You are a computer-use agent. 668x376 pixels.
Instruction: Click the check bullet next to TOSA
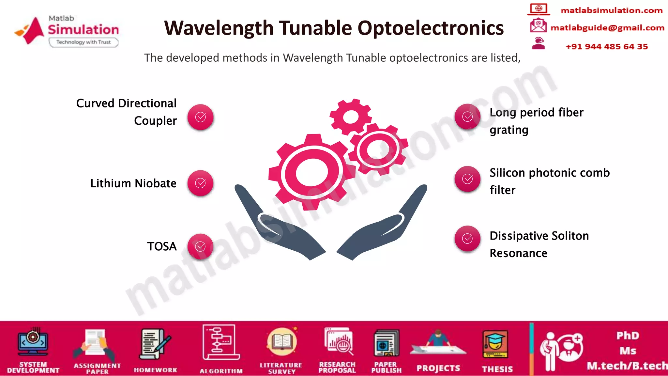tap(200, 247)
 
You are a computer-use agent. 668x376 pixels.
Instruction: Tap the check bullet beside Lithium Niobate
tap(200, 183)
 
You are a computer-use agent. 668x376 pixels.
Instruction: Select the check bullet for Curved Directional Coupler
tap(200, 117)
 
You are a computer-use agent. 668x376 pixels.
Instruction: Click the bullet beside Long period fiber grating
tap(467, 117)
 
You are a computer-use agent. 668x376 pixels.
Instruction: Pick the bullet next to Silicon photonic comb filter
tap(467, 179)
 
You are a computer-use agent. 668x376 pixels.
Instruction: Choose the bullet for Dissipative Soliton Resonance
tap(467, 239)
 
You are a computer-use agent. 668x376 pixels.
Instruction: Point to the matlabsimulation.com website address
tap(611, 10)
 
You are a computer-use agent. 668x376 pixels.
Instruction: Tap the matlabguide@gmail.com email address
tap(607, 28)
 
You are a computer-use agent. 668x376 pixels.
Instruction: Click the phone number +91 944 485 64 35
tap(607, 47)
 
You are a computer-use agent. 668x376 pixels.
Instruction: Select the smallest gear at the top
tap(351, 117)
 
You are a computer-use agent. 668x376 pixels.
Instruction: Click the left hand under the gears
tap(277, 225)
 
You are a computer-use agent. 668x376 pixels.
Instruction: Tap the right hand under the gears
tap(385, 225)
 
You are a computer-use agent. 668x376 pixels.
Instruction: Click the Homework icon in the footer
tap(155, 344)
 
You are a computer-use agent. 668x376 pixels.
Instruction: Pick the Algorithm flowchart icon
tap(220, 342)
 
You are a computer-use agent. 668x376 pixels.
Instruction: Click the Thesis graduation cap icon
tap(495, 344)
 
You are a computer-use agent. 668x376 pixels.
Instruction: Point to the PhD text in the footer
tap(628, 336)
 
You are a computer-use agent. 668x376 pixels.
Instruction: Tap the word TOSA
tap(162, 246)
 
